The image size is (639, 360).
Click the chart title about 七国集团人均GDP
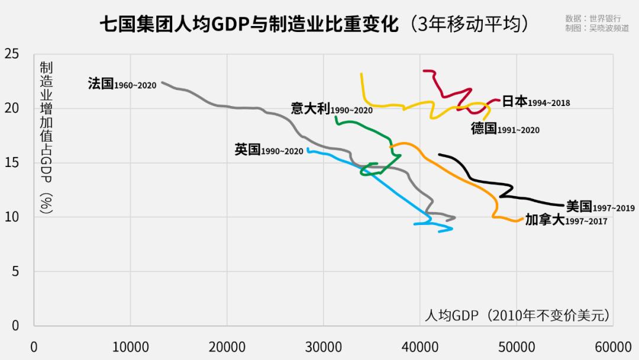313,25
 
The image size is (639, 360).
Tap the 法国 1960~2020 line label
122,83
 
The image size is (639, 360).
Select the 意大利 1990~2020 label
331,109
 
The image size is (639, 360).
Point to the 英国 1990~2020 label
269,150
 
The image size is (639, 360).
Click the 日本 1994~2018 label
536,101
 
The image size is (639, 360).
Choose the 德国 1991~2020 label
505,128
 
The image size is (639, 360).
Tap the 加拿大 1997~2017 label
566,220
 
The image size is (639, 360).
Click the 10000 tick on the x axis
130,346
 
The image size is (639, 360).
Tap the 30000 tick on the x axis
323,346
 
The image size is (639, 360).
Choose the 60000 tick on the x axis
612,346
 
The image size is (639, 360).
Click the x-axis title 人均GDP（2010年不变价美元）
517,315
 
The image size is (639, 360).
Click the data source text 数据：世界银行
597,18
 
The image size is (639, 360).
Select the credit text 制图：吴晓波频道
597,28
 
